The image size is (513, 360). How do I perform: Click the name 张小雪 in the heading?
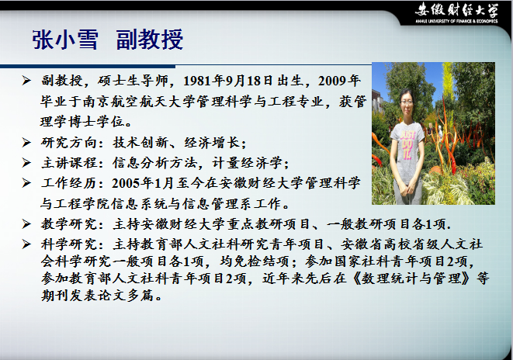point(65,40)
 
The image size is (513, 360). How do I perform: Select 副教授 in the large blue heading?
point(150,40)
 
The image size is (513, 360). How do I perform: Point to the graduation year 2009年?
point(339,81)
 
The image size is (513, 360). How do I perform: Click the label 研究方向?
point(69,143)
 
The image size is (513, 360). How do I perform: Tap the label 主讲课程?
point(69,163)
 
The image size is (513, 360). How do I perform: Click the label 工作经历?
point(69,183)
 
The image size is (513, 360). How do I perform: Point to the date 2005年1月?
point(143,183)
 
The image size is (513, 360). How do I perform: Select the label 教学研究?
point(69,224)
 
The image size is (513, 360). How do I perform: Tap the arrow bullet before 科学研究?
point(26,244)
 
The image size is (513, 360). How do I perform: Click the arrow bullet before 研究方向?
point(26,142)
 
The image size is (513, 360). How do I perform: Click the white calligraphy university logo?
point(456,10)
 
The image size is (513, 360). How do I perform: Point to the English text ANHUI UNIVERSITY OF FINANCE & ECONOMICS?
point(456,21)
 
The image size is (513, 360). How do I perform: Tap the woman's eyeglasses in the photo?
point(407,102)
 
